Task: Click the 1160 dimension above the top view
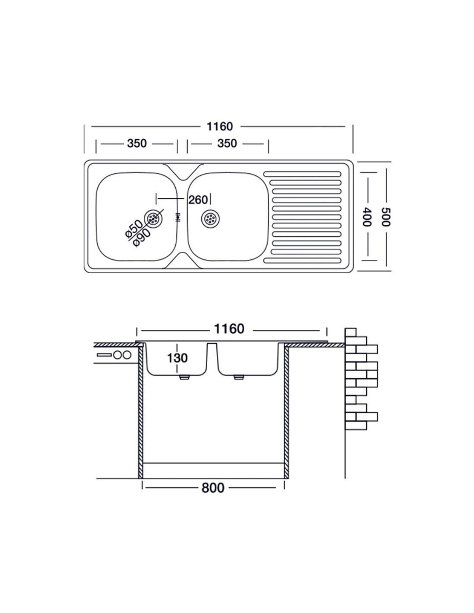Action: point(220,126)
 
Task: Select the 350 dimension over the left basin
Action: point(137,143)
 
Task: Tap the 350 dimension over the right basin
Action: point(227,143)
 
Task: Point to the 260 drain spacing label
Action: point(198,200)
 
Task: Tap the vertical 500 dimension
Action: point(386,217)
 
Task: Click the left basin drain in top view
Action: point(153,218)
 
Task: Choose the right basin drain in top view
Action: point(210,218)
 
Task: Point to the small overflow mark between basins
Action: point(178,217)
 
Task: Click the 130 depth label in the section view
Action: point(177,358)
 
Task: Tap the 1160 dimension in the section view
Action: point(229,328)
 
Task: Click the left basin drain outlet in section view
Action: point(184,378)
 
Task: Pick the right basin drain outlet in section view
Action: point(239,378)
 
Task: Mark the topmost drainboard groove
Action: point(302,173)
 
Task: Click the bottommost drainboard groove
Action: point(302,260)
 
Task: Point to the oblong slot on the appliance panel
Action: point(104,355)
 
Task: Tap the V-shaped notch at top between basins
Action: point(183,171)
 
